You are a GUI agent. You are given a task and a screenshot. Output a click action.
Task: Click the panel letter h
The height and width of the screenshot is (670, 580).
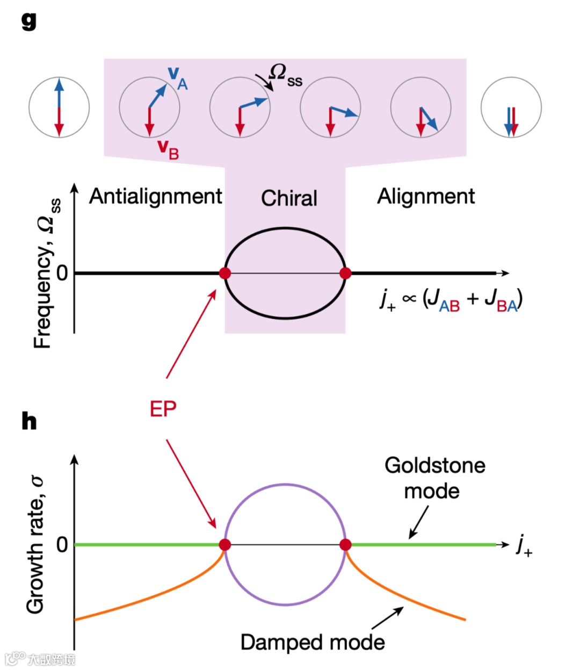[x=29, y=421]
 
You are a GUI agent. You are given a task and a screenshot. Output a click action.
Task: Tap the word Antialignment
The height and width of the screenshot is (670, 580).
[x=155, y=197]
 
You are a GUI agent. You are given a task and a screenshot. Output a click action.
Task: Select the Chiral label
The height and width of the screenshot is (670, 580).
[x=289, y=198]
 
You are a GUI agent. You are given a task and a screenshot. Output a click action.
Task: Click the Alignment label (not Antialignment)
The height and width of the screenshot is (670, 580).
[x=426, y=197]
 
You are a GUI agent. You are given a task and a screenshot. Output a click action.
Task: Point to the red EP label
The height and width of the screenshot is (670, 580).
[x=163, y=409]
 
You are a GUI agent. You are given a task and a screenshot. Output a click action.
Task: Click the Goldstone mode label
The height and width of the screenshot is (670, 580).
[x=434, y=478]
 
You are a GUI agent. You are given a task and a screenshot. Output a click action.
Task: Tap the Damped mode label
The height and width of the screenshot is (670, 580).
[x=312, y=642]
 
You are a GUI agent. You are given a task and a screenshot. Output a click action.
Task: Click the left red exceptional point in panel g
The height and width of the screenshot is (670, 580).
[x=225, y=273]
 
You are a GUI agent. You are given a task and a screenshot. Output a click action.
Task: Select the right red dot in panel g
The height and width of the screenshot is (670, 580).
[x=345, y=273]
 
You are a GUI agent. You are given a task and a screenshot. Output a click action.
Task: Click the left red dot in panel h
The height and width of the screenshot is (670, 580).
[x=225, y=545]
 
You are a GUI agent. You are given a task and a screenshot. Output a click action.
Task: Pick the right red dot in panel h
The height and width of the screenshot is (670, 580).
[x=345, y=545]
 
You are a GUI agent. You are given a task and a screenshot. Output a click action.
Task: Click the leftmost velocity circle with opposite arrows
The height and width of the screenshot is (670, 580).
[x=59, y=107]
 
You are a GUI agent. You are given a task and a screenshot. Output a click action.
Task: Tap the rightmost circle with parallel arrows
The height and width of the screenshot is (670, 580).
[x=511, y=107]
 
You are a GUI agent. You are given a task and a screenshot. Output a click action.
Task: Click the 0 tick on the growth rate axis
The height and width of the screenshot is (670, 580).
[x=62, y=545]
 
